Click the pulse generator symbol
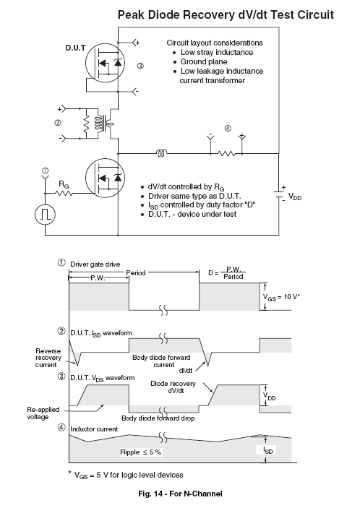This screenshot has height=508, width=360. pyautogui.click(x=45, y=215)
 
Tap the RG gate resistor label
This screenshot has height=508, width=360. pyautogui.click(x=64, y=185)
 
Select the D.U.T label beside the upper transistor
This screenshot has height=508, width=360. pyautogui.click(x=75, y=48)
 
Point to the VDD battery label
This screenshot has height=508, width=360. pyautogui.click(x=295, y=197)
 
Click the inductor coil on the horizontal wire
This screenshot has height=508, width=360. pyautogui.click(x=161, y=152)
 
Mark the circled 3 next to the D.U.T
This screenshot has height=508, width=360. pyautogui.click(x=140, y=66)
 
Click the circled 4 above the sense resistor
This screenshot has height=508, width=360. pyautogui.click(x=228, y=129)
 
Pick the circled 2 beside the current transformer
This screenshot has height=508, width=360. pyautogui.click(x=58, y=123)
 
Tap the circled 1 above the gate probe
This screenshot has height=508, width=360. pyautogui.click(x=45, y=171)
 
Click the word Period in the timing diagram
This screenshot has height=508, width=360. pyautogui.click(x=136, y=273)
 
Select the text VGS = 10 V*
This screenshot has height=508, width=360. pyautogui.click(x=281, y=297)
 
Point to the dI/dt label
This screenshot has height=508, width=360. pyautogui.click(x=186, y=370)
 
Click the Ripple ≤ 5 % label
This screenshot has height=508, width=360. pyautogui.click(x=141, y=452)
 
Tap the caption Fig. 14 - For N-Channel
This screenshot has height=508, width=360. pyautogui.click(x=180, y=494)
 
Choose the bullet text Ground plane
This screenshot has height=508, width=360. pyautogui.click(x=204, y=61)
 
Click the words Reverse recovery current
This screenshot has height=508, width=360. pyautogui.click(x=48, y=358)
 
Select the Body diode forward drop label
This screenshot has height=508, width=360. pyautogui.click(x=158, y=418)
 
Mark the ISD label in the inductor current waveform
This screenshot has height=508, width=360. pyautogui.click(x=268, y=450)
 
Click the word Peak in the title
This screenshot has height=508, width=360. pyautogui.click(x=131, y=15)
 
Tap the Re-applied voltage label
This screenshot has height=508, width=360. pyautogui.click(x=43, y=413)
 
